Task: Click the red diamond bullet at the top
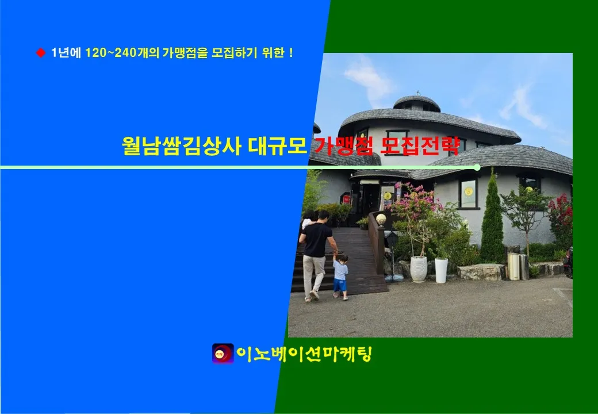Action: (x=41, y=53)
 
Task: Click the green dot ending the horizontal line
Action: (x=477, y=167)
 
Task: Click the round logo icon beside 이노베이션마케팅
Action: (x=223, y=354)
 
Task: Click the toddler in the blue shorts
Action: (x=340, y=277)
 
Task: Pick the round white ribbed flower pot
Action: (x=419, y=269)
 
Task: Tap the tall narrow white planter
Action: (x=441, y=270)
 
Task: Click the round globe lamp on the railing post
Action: (x=381, y=219)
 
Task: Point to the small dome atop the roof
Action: (x=417, y=103)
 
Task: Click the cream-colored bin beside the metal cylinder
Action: (x=513, y=266)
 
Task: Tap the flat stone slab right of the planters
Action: (x=481, y=271)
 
